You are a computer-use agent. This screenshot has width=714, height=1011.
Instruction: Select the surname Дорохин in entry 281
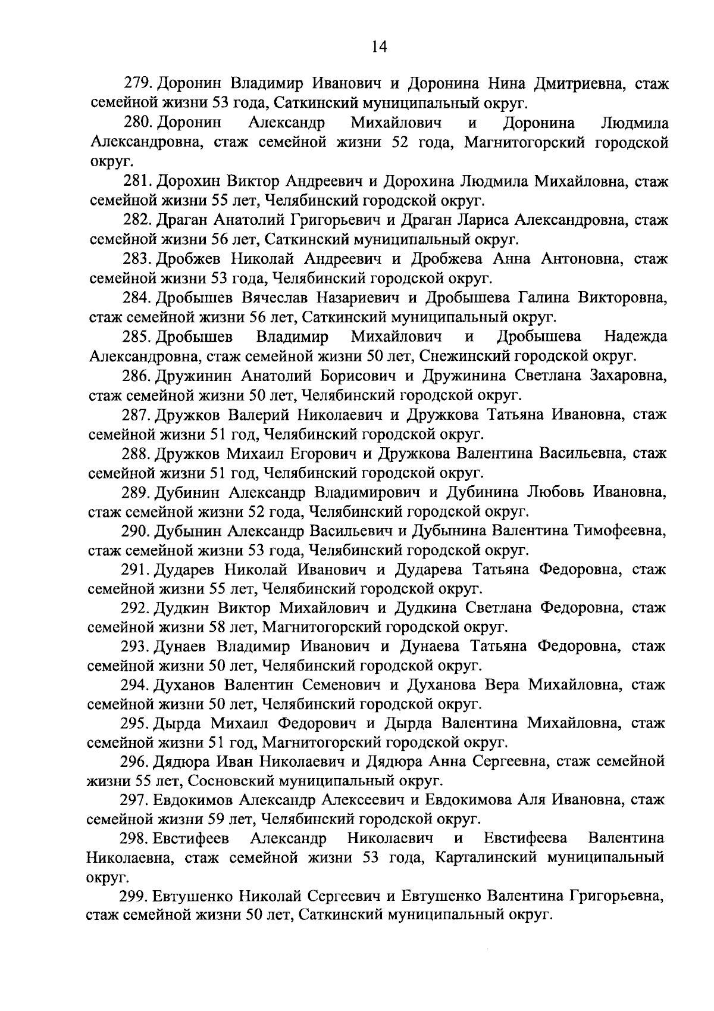point(190,182)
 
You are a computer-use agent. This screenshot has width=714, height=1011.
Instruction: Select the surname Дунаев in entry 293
point(181,647)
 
